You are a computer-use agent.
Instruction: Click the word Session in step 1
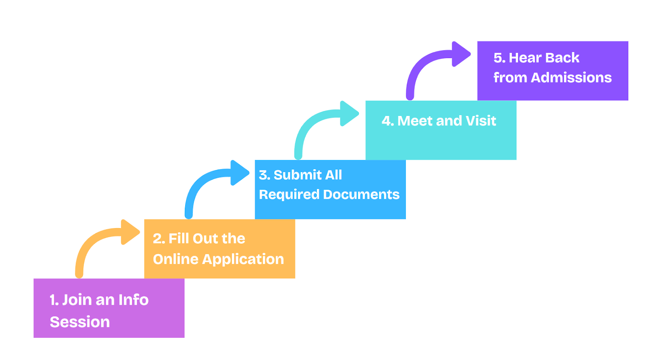[80, 322]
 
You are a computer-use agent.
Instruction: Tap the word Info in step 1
[134, 300]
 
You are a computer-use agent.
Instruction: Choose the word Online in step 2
[176, 259]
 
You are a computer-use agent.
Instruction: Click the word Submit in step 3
[297, 175]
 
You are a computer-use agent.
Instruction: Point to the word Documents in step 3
[361, 195]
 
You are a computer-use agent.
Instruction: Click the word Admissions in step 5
[571, 78]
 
